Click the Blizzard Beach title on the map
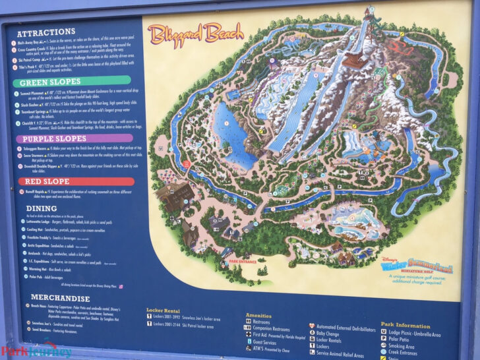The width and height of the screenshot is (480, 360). point(195,33)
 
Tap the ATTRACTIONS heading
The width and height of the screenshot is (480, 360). point(46,32)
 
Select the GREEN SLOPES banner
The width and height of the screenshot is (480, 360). point(50,82)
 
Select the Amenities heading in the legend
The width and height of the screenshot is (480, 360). point(260,315)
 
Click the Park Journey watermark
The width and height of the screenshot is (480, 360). point(36,349)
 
